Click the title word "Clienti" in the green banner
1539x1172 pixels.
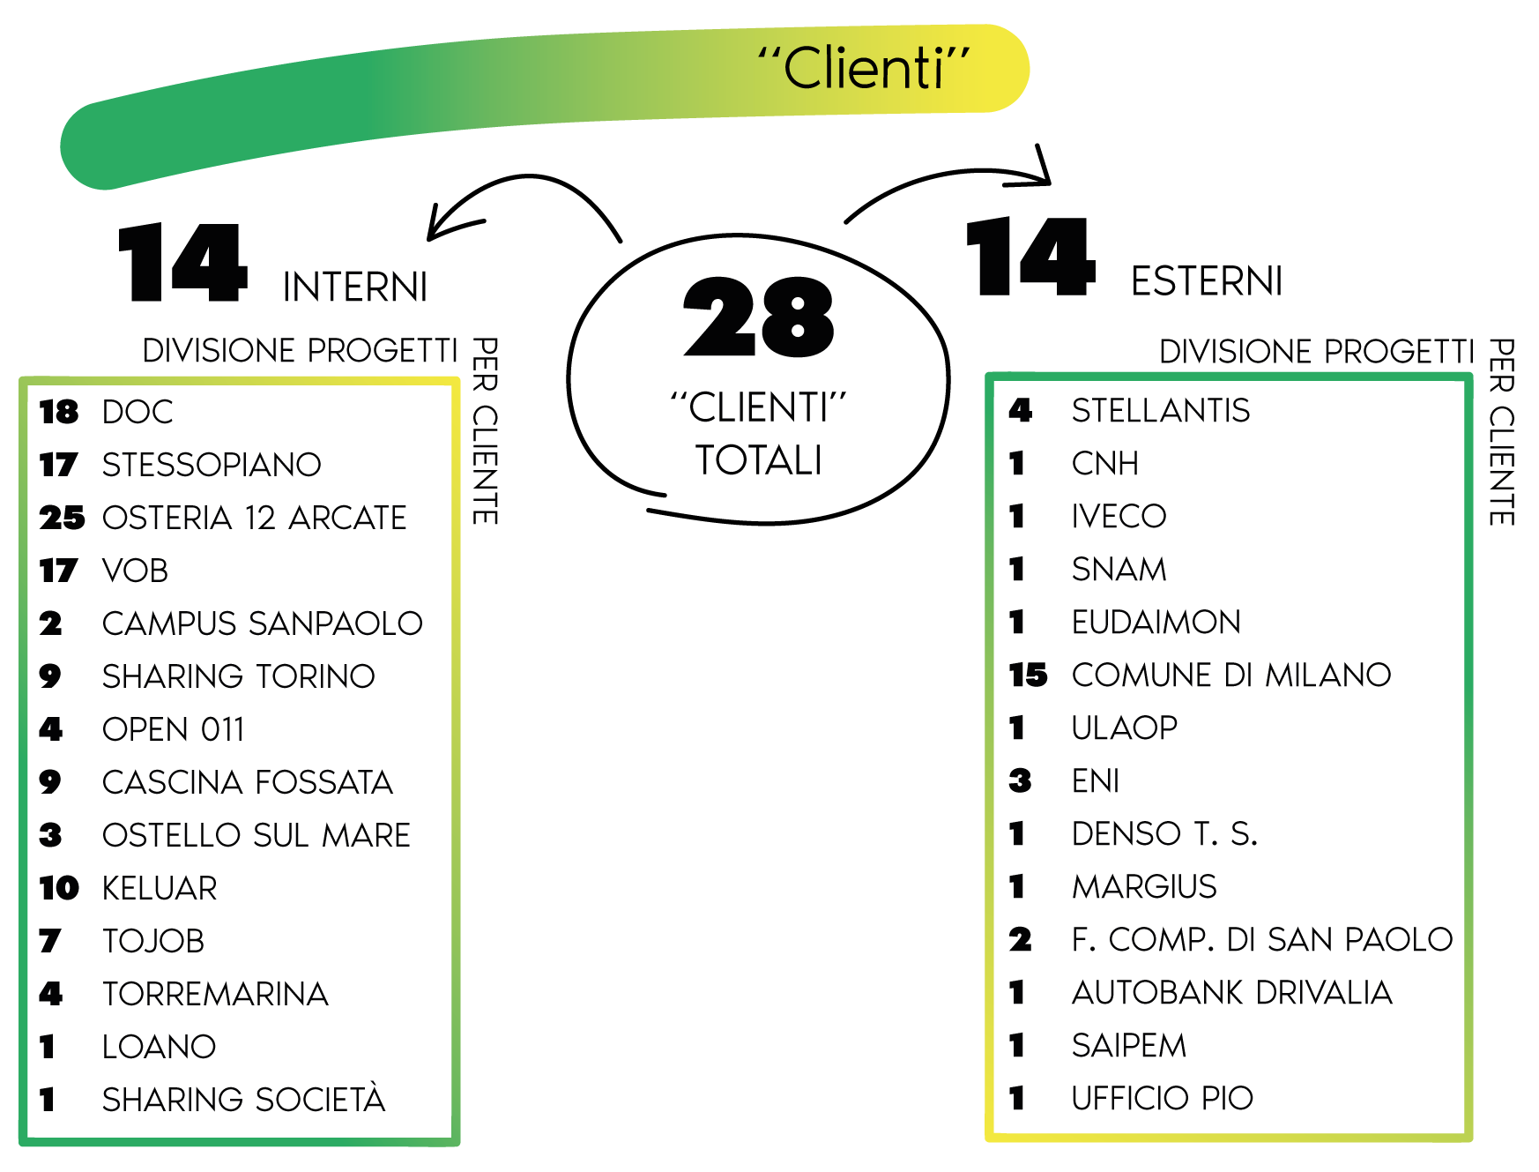864,69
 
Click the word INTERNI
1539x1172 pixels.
355,288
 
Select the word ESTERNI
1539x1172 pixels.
1206,282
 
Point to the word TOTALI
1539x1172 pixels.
759,460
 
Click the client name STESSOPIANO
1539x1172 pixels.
212,465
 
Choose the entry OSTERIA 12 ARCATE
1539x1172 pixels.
255,518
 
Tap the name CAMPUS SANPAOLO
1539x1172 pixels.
262,623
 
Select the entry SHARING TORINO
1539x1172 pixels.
239,676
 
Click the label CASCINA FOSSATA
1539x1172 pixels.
247,782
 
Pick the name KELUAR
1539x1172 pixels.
160,888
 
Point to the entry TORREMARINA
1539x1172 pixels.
215,994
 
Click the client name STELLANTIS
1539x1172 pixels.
1161,410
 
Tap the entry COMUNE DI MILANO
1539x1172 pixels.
1231,676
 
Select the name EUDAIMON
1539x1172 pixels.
1156,623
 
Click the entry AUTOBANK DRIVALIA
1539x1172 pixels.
1232,993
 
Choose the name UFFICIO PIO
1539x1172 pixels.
1163,1099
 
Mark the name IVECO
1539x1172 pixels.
1119,516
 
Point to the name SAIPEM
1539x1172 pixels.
1128,1046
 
